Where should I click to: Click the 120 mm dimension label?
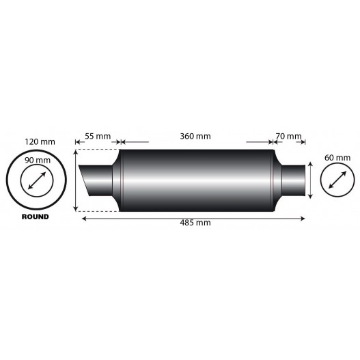pos(39,141)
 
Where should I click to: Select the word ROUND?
pos(35,217)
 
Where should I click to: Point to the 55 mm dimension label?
pos(98,136)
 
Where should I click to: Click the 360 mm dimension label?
pos(194,136)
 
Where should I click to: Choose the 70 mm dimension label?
pos(289,136)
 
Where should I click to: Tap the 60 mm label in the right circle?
pos(334,158)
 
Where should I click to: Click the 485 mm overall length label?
pos(195,223)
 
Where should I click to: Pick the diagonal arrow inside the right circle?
pos(334,180)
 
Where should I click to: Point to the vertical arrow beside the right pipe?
pos(311,180)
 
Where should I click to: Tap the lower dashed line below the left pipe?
pos(98,210)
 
